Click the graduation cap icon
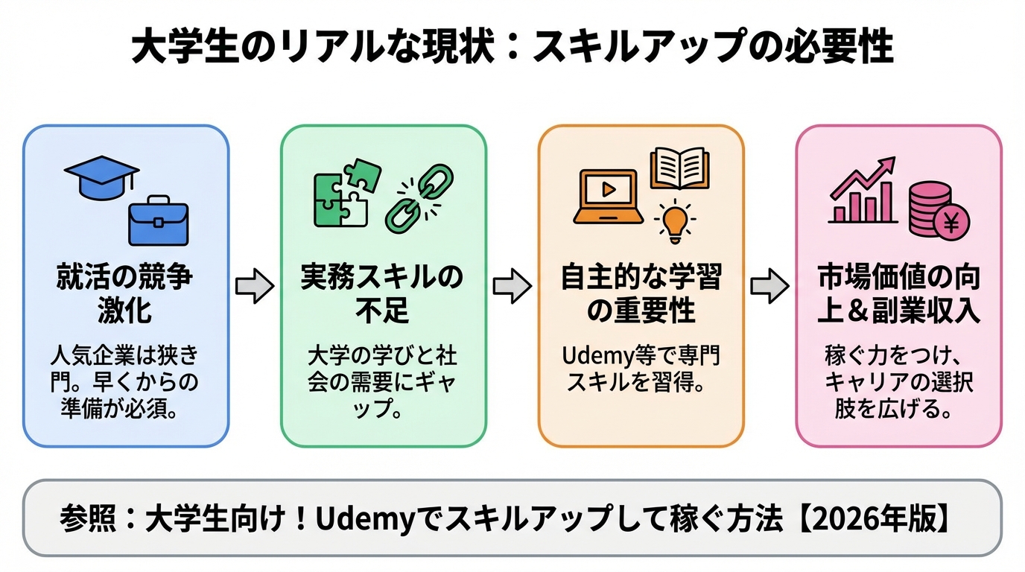(101, 174)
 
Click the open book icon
(679, 168)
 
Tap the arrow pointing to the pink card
(769, 287)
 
